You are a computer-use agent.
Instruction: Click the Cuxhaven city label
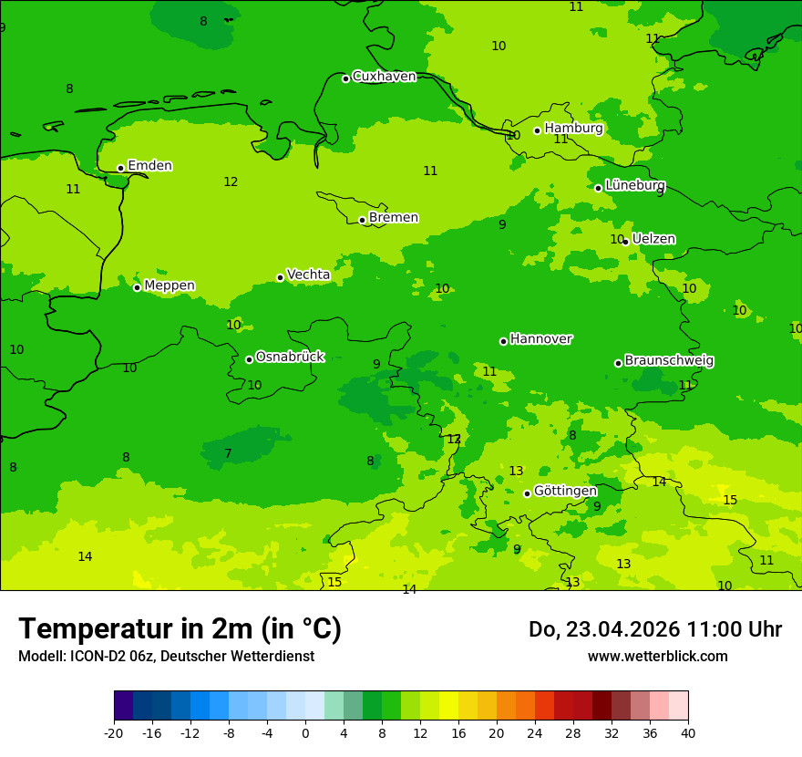tap(384, 77)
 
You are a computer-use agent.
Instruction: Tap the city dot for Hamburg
tap(538, 130)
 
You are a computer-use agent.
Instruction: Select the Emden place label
tap(149, 166)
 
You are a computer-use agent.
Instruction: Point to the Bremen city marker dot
tap(362, 220)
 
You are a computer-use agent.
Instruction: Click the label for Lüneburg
tap(635, 185)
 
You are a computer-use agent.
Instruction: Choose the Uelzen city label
tap(653, 239)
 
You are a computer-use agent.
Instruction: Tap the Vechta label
tap(308, 275)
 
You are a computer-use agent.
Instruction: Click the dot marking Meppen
tap(138, 287)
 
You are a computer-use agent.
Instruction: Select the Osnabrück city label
tap(290, 357)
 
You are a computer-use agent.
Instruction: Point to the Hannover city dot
tap(503, 341)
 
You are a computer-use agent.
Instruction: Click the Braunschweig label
tap(669, 361)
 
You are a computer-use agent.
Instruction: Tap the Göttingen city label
tap(565, 492)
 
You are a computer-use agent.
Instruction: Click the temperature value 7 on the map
tap(228, 454)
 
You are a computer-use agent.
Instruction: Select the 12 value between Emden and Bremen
tap(231, 182)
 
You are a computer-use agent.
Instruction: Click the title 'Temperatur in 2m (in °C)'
tap(180, 629)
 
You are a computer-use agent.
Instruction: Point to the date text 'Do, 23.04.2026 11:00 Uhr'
tap(654, 629)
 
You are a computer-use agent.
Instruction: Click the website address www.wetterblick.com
tap(657, 657)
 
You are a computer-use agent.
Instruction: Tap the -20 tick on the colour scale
tap(114, 732)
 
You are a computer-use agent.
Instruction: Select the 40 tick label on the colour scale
tap(688, 732)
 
